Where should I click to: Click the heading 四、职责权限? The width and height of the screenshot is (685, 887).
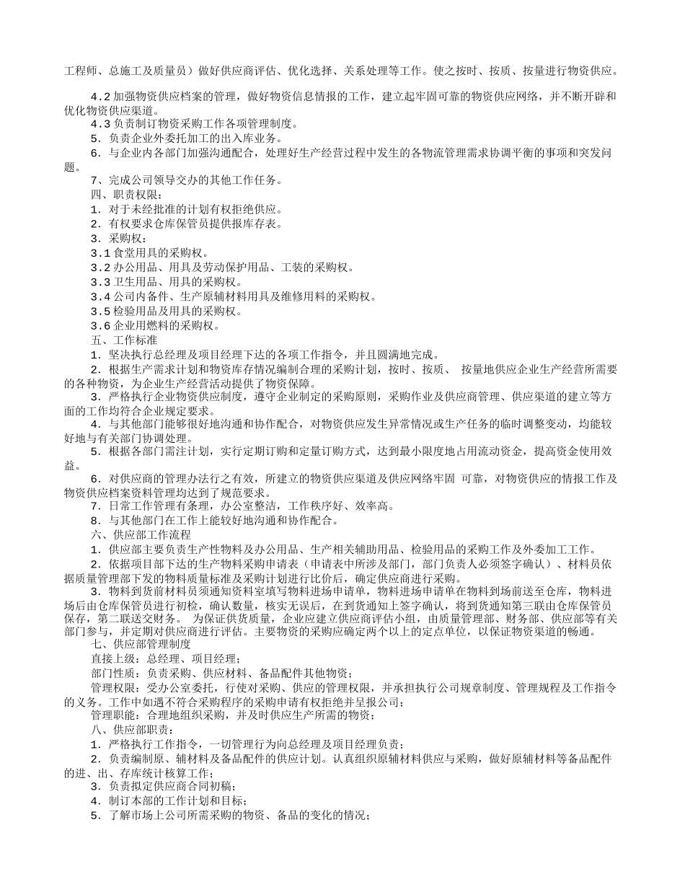pyautogui.click(x=127, y=194)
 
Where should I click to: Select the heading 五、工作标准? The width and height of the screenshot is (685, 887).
pyautogui.click(x=123, y=340)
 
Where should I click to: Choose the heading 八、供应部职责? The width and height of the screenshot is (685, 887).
pyautogui.click(x=127, y=730)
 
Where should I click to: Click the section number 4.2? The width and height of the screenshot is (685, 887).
pyautogui.click(x=100, y=97)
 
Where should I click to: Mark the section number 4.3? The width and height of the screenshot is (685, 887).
pyautogui.click(x=100, y=123)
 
